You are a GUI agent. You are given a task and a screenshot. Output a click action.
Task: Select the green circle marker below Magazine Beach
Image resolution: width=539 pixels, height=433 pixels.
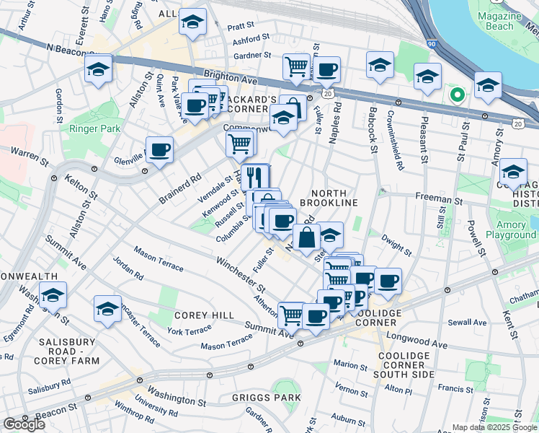[x=456, y=95]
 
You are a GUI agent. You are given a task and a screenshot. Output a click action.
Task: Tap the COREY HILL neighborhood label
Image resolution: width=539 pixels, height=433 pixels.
[x=203, y=316]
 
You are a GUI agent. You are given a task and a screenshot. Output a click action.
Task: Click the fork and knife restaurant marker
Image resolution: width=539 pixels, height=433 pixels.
[x=254, y=177]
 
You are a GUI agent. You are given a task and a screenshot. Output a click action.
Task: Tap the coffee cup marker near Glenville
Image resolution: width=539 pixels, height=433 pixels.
[x=159, y=149]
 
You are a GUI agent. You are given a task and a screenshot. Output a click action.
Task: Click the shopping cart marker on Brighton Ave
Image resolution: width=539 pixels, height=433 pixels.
[x=295, y=66]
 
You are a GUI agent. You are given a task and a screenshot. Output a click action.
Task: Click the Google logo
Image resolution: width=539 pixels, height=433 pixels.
[x=24, y=424]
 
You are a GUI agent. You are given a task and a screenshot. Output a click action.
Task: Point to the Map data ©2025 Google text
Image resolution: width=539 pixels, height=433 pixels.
[x=494, y=427]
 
